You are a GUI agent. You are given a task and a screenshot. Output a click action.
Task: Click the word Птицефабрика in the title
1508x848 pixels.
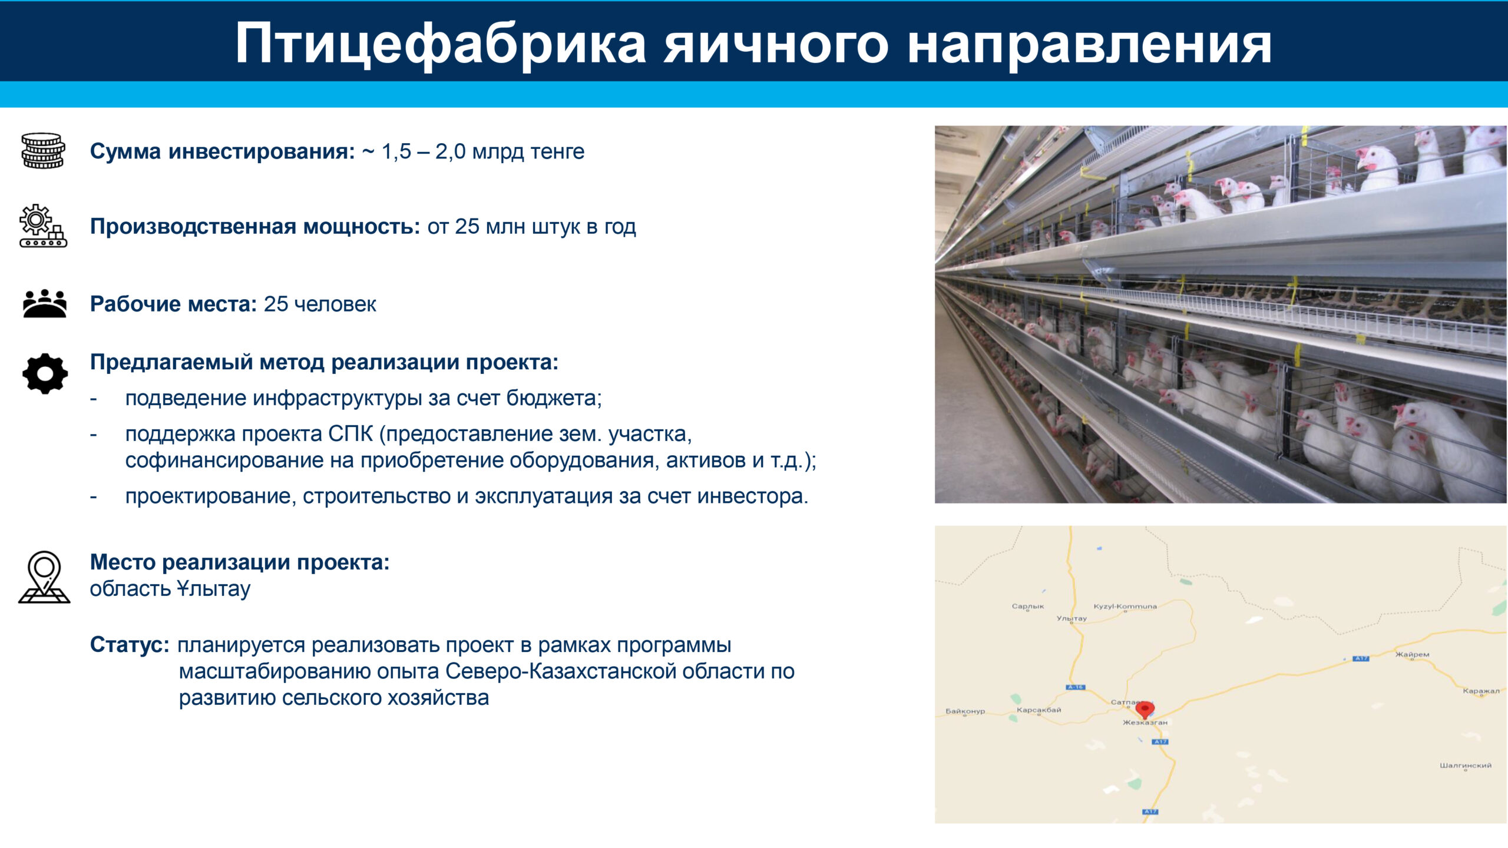(x=441, y=44)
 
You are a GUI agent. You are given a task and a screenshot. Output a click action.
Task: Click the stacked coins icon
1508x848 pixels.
(x=43, y=151)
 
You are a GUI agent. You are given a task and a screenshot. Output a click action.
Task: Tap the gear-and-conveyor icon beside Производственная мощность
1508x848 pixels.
(x=43, y=226)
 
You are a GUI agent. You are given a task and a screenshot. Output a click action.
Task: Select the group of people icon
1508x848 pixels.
(x=45, y=304)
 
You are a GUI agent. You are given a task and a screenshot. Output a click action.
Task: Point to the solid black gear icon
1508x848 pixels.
(x=45, y=373)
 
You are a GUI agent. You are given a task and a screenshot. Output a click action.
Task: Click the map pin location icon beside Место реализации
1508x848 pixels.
(x=44, y=577)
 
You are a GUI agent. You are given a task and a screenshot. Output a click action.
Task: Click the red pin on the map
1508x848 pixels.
(x=1145, y=710)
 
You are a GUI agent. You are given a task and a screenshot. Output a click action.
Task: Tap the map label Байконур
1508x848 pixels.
(x=965, y=711)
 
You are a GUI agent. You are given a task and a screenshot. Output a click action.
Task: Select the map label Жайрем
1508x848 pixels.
(x=1412, y=654)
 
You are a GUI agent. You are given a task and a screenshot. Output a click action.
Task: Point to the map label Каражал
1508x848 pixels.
(x=1481, y=691)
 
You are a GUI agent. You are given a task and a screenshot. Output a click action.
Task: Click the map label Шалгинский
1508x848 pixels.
(x=1466, y=766)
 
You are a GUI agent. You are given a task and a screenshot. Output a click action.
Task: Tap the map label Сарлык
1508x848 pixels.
(x=1028, y=606)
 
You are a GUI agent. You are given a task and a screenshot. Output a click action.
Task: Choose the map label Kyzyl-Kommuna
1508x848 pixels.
(x=1125, y=606)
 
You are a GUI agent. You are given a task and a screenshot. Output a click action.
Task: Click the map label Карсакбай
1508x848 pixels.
(x=1039, y=710)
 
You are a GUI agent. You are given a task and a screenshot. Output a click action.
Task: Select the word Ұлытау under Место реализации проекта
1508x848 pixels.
(x=214, y=589)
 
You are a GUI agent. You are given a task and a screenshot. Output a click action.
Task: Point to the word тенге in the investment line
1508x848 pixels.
(x=557, y=152)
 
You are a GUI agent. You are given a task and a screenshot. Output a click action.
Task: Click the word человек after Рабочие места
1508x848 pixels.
(x=335, y=304)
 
